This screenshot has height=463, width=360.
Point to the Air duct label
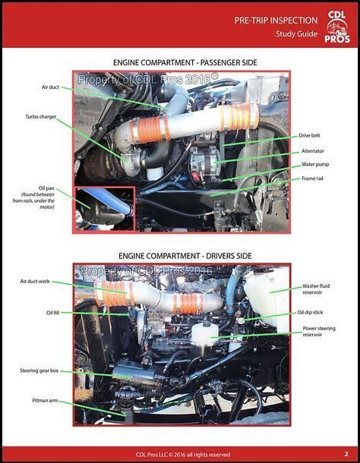click(x=50, y=87)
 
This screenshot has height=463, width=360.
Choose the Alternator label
click(x=312, y=151)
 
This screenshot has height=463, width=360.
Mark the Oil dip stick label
click(x=319, y=313)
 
